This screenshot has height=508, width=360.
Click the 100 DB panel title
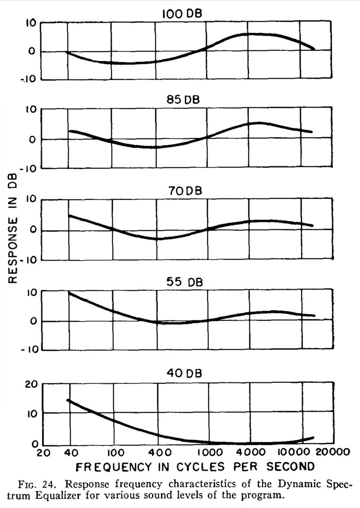click(182, 14)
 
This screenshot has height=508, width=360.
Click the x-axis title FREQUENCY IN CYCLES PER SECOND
click(194, 467)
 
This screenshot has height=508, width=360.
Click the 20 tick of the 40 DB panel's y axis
click(30, 384)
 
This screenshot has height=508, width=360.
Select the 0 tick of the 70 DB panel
click(32, 230)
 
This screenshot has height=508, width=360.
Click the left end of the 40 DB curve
click(68, 400)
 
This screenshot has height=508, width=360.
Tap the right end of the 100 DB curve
click(313, 48)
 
